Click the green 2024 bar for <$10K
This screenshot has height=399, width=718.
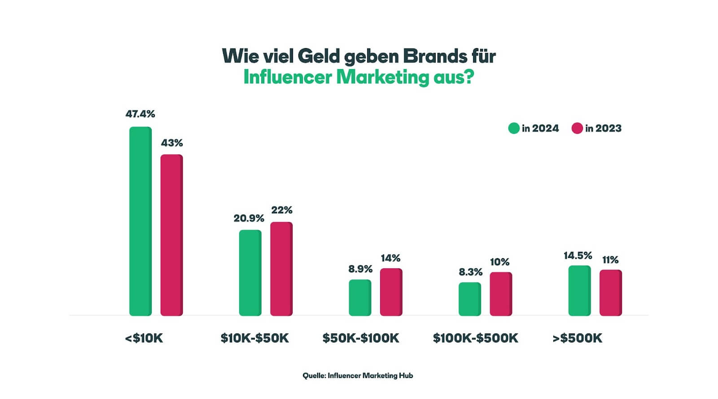(140, 221)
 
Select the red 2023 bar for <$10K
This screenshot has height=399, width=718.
(172, 235)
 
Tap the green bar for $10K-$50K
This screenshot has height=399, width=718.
(250, 273)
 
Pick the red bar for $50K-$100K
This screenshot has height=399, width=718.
(391, 292)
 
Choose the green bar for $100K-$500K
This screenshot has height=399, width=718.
(469, 299)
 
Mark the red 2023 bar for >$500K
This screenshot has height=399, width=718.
(610, 293)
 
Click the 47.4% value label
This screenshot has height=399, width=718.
(140, 114)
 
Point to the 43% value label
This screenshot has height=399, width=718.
(172, 143)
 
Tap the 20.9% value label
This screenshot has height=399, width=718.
(249, 218)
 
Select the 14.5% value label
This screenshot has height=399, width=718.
(578, 255)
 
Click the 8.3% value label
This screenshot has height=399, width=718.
(470, 272)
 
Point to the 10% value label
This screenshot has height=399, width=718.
(499, 262)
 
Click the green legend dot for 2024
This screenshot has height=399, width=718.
(514, 128)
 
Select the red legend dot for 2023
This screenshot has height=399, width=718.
(577, 128)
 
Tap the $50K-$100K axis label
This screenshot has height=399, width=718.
(361, 338)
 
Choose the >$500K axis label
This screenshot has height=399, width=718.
(578, 338)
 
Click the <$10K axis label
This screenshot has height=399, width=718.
(144, 338)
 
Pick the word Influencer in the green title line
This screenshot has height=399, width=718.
(288, 77)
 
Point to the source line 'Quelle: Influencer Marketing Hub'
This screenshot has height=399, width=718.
(358, 376)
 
